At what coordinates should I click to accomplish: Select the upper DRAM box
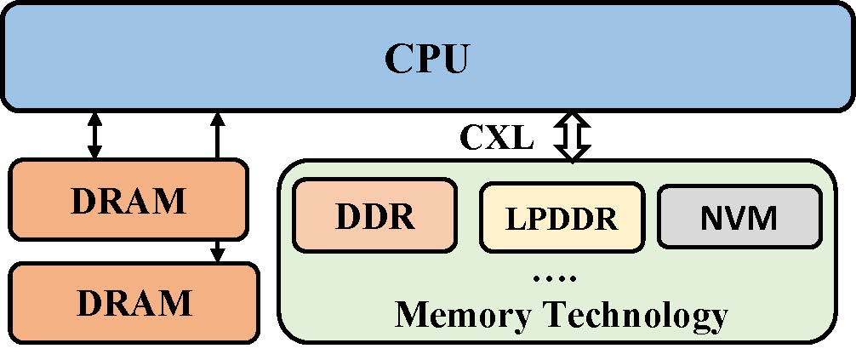tap(128, 201)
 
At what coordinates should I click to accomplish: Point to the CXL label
tap(497, 137)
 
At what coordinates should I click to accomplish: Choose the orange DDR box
tap(374, 215)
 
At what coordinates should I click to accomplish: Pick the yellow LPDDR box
tap(562, 219)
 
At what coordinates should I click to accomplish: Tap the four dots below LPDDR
tap(557, 277)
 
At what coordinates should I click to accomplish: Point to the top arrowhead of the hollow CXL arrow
tap(572, 120)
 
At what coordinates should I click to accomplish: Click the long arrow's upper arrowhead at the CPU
tap(218, 117)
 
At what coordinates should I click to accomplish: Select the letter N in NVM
tap(713, 218)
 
